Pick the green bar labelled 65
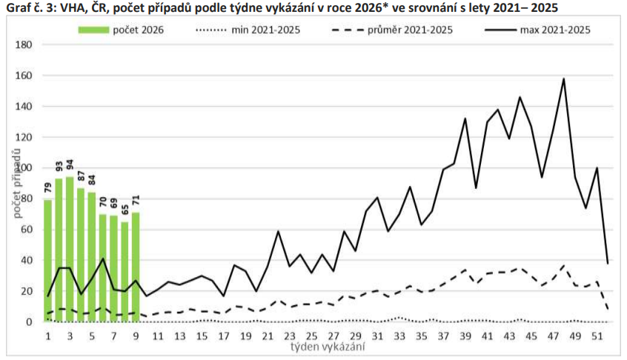pyautogui.click(x=125, y=271)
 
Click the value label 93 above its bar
pyautogui.click(x=59, y=168)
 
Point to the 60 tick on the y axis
pyautogui.click(x=27, y=230)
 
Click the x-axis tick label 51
pyautogui.click(x=597, y=336)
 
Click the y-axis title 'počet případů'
pyautogui.click(x=14, y=182)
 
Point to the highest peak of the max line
pyautogui.click(x=564, y=79)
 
